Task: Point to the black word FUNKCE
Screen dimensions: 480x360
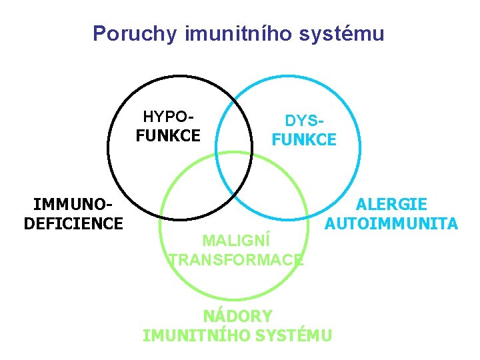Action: pos(168,136)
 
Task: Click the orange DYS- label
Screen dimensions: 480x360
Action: pos(305,121)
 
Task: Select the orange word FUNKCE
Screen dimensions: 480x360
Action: pos(304,139)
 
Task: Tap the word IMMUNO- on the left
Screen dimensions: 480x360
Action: pos(73,205)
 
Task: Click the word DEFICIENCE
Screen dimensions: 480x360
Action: pos(73,223)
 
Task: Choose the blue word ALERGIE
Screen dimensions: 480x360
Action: pos(392,205)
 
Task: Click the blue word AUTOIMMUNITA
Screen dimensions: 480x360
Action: pos(391,223)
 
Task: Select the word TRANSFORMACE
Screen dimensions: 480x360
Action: pos(236,259)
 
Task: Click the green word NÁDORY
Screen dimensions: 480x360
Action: pos(237,316)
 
